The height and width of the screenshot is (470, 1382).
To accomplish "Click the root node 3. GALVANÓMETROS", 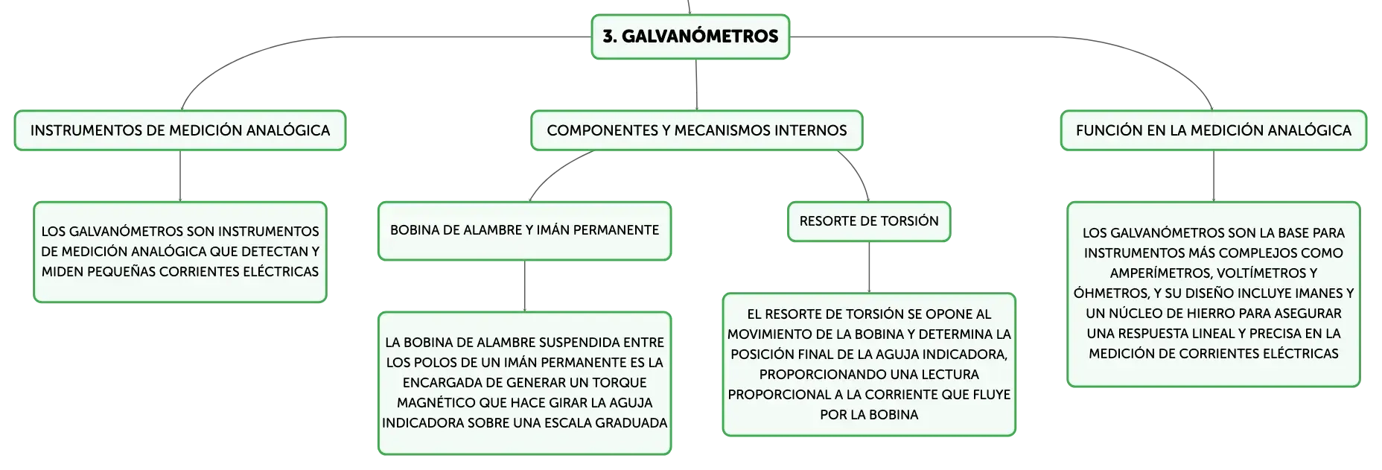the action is tap(690, 36).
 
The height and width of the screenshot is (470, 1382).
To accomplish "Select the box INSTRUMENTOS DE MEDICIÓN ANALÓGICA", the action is tap(180, 130).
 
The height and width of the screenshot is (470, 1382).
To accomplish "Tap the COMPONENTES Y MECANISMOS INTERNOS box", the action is tap(697, 130).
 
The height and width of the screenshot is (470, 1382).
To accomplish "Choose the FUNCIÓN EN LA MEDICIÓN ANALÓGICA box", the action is tap(1214, 130).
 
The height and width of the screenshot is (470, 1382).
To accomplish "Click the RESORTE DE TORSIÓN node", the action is tap(869, 221).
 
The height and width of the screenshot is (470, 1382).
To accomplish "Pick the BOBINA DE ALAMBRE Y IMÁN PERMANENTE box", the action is tap(525, 231).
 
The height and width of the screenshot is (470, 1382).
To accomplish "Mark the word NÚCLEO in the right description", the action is tap(1136, 314).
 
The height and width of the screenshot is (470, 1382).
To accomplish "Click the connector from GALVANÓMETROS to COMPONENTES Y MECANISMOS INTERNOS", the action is tap(696, 85).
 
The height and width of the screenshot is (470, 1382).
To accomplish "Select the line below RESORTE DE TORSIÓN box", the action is tap(869, 267).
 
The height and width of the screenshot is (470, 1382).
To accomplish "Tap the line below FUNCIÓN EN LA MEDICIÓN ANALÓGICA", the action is tap(1214, 177).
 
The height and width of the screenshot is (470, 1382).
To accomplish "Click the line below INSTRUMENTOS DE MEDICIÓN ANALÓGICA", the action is tap(180, 177).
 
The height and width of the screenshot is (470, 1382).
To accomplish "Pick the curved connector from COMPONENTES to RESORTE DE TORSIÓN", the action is tap(859, 171).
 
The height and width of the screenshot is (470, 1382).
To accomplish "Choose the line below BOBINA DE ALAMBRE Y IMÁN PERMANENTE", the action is tap(525, 286).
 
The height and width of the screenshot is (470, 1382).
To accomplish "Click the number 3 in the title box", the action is tap(607, 36).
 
